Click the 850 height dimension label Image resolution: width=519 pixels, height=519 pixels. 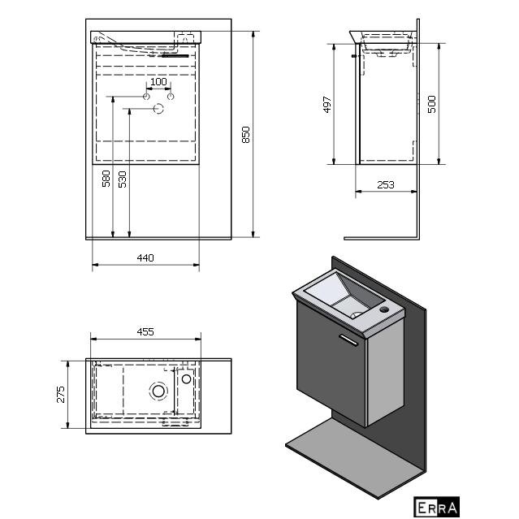245,134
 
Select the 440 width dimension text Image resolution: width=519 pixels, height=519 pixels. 145,257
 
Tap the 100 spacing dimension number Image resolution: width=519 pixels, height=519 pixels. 158,82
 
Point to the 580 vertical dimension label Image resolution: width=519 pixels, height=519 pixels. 106,179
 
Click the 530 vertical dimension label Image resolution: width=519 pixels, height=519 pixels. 123,179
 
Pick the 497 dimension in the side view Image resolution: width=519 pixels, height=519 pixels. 327,105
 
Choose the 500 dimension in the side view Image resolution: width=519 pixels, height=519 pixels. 431,104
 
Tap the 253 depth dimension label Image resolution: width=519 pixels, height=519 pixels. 386,184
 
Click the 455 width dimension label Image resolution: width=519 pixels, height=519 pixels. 145,331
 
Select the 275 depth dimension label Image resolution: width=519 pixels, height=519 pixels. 61,394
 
